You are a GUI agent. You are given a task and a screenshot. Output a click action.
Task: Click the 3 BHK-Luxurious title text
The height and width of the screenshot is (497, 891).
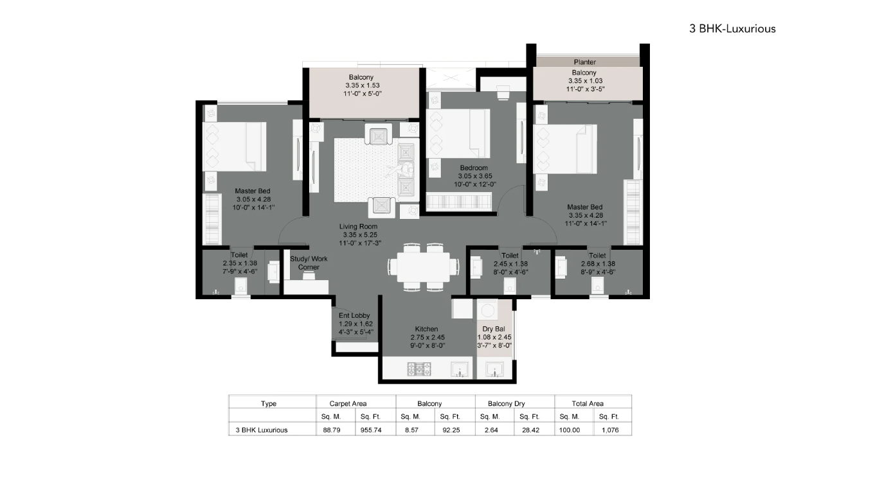tap(732, 29)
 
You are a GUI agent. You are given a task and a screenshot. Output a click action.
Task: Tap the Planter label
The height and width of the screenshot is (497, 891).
tap(585, 62)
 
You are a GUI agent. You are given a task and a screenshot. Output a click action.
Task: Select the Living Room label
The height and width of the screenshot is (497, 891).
tap(358, 227)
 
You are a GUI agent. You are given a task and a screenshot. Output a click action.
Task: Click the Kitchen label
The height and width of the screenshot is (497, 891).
tap(426, 329)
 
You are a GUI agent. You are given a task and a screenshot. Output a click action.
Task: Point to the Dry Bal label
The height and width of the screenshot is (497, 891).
tap(494, 329)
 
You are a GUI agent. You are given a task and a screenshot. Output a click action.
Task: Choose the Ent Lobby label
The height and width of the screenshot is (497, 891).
tap(354, 315)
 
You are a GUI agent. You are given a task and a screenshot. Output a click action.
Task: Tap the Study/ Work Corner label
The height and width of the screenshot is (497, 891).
tap(309, 263)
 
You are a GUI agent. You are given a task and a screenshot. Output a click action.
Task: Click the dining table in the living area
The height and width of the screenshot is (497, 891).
tap(424, 267)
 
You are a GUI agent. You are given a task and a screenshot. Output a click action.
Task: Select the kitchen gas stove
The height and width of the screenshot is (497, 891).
tap(419, 369)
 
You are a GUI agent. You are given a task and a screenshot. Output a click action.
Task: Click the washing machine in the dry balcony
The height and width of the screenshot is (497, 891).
tap(487, 309)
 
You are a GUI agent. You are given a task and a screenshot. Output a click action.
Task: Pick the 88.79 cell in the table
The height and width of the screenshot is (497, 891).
tap(331, 430)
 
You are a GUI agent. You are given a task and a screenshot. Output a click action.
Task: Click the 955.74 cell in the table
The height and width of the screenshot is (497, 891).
tap(371, 430)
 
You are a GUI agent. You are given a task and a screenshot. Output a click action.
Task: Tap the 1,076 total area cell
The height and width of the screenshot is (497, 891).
tap(610, 430)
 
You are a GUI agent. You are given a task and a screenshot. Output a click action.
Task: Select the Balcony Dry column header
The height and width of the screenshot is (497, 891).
tap(507, 404)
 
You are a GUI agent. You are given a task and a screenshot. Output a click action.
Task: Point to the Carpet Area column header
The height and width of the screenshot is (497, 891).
tap(348, 404)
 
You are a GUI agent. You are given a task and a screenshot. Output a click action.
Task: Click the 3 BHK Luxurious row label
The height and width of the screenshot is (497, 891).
tap(262, 430)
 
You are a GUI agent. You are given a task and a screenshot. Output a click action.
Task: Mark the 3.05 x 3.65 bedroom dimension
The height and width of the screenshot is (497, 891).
tap(475, 176)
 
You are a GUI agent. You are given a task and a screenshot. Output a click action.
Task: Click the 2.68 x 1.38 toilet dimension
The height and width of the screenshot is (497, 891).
tap(598, 264)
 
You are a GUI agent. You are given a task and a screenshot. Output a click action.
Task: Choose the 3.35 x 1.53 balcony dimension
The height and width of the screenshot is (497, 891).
tap(363, 85)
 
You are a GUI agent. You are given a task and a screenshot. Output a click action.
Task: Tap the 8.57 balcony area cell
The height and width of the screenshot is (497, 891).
tap(411, 430)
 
